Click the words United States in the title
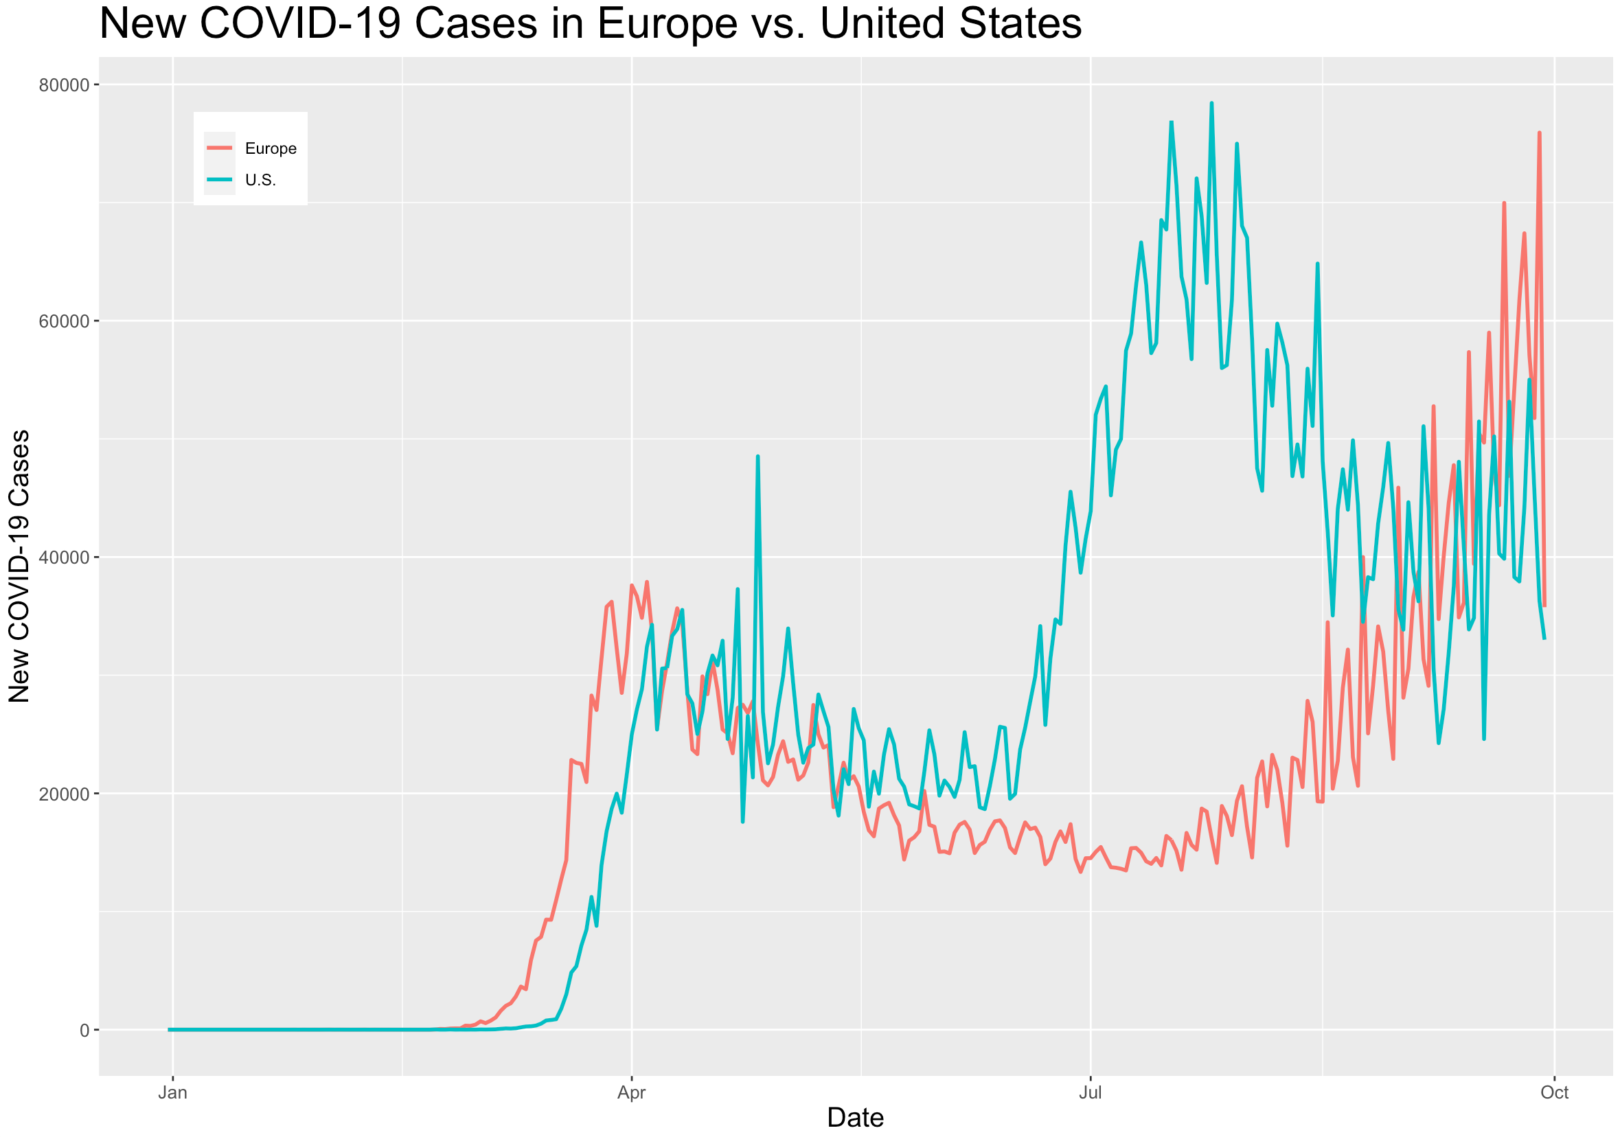950,24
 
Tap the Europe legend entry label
271,149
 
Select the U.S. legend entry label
260,181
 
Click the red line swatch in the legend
220,148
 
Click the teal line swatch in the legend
220,179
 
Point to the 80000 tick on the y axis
64,85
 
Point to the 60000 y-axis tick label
64,321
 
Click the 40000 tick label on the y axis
64,558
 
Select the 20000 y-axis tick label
64,794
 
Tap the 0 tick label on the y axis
84,1031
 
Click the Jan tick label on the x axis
172,1092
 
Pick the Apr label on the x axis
632,1092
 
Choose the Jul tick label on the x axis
1091,1092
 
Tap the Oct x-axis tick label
1554,1092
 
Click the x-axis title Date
855,1118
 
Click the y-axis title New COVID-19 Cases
20,566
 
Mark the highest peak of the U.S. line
1211,103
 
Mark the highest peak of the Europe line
1540,133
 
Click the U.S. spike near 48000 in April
757,457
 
